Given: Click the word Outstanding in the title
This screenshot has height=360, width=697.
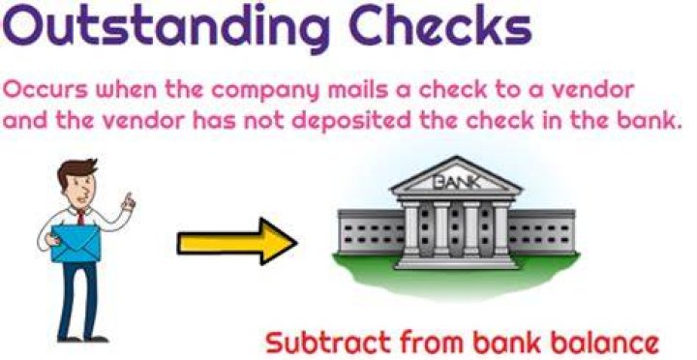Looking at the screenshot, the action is pos(166,26).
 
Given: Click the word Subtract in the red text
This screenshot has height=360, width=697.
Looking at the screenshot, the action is pos(328,343).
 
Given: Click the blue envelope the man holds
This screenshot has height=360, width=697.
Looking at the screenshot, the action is pos(76,242).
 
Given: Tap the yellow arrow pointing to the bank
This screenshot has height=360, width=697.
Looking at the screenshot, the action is pos(237,241).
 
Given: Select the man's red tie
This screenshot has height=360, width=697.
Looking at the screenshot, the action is pos(81,218).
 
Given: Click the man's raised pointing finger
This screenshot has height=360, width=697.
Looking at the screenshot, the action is pos(129,197).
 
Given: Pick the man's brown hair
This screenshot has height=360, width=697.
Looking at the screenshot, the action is pos(76,171).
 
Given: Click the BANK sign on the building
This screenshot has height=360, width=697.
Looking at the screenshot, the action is pos(456,182).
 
